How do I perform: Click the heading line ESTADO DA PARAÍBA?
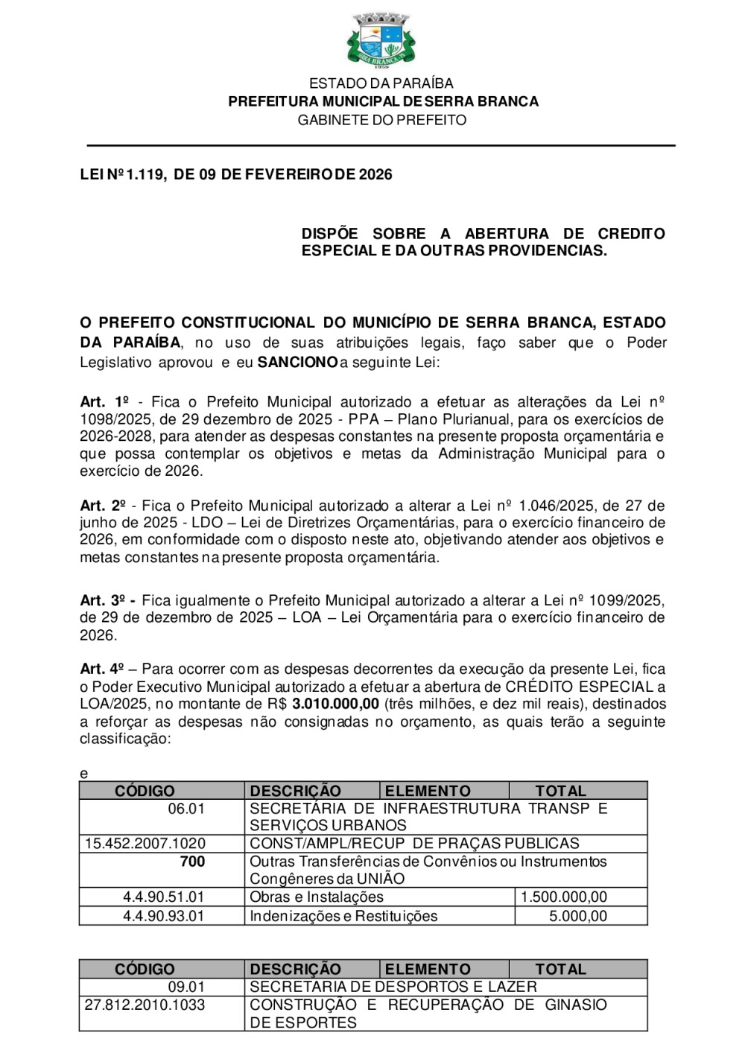click(381, 83)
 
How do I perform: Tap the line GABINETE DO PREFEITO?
click(381, 120)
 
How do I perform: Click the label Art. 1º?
click(104, 402)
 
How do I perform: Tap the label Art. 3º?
click(104, 600)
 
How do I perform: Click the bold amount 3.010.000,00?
click(335, 704)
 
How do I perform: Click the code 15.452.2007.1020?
click(145, 843)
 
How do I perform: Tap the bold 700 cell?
click(192, 862)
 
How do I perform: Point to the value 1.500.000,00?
click(563, 897)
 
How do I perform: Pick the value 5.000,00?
click(578, 916)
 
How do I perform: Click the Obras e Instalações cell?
click(317, 897)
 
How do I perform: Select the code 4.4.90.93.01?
click(163, 916)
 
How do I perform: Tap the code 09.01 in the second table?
click(186, 987)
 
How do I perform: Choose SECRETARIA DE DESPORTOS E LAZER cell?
click(393, 987)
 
